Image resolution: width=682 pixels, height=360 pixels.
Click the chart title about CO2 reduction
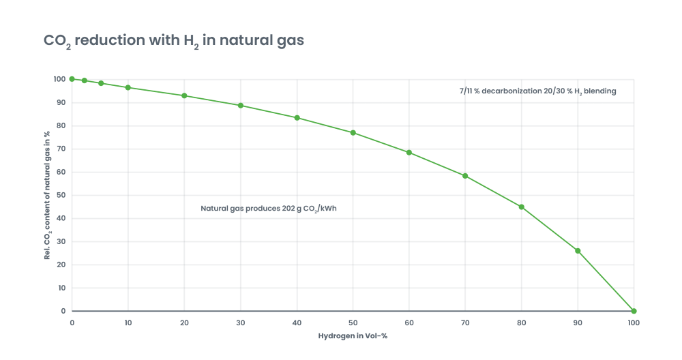point(174,41)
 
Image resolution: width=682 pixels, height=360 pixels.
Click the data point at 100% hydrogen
point(634,311)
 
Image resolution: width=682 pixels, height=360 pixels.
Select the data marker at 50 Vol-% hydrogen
point(353,132)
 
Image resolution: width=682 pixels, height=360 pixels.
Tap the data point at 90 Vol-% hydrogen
point(578,250)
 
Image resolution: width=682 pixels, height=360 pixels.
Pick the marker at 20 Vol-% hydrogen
point(184,95)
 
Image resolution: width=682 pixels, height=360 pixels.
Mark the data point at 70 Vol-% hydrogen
point(465,175)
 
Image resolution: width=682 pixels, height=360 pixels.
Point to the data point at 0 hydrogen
point(72,79)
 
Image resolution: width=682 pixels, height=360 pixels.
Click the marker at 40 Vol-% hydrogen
point(297,118)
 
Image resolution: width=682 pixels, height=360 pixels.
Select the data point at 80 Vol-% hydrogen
point(521,207)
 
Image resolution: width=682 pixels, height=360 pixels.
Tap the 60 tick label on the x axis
point(409,322)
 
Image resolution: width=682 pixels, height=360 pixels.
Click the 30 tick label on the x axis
point(240,322)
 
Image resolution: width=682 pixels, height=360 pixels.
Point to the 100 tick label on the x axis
point(634,322)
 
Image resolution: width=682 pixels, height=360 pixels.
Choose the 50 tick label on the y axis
point(62,195)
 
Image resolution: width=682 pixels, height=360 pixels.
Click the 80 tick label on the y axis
point(62,125)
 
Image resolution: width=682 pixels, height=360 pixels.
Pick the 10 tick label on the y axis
point(62,288)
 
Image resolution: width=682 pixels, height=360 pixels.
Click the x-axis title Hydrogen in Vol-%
point(353,336)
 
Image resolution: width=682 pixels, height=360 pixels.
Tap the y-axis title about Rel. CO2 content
point(48,195)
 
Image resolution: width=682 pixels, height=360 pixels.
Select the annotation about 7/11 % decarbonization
point(537,91)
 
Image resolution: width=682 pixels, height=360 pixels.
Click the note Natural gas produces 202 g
point(269,209)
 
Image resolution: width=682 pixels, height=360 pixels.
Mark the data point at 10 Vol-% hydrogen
point(128,87)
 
